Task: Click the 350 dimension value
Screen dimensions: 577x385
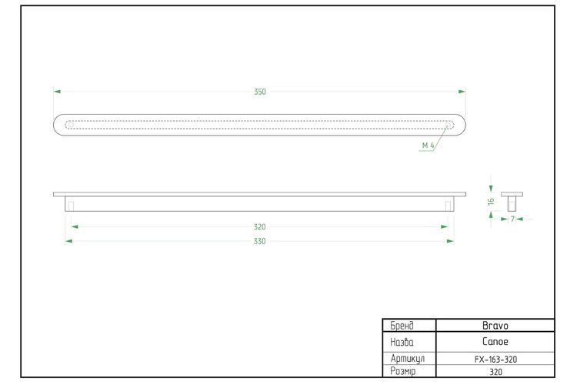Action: (260, 92)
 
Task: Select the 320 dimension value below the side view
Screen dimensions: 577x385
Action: (260, 227)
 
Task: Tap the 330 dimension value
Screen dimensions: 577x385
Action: (260, 241)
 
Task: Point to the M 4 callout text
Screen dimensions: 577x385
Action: (428, 146)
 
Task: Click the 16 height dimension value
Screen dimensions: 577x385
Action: (491, 202)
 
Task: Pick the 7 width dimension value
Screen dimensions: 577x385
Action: (512, 219)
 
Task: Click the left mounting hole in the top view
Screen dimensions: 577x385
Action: (71, 125)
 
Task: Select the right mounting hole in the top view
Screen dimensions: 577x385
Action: (449, 126)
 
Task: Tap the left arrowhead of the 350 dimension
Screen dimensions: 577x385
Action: (57, 92)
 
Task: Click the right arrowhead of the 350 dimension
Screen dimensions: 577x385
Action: (462, 92)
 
